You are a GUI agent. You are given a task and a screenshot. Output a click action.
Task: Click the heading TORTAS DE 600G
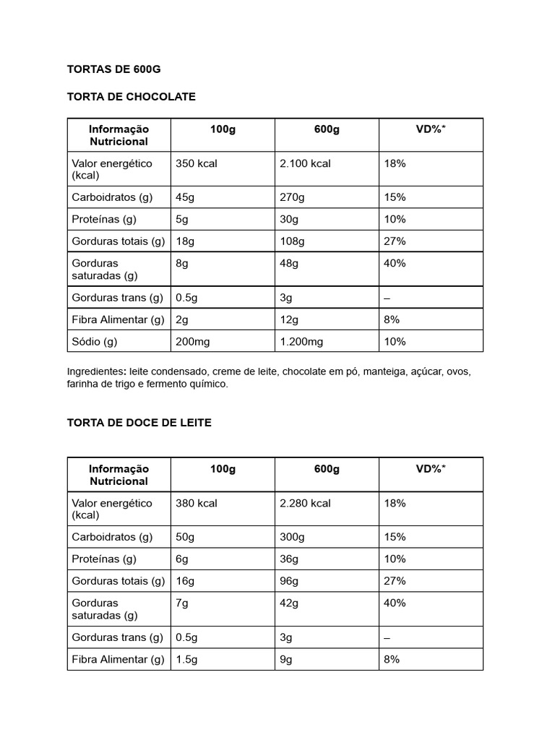point(113,69)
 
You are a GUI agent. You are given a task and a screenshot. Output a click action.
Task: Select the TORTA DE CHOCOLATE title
point(131,96)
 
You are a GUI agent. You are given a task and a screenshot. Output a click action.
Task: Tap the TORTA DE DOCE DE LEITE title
point(139,423)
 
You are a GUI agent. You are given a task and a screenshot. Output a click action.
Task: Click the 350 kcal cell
point(196,163)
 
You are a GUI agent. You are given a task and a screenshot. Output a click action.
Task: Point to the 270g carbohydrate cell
point(292,197)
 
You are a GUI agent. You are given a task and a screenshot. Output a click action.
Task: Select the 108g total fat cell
point(292,241)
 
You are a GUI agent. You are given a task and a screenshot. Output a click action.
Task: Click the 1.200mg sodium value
point(301,342)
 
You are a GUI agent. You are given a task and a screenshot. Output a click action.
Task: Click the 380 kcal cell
point(196,503)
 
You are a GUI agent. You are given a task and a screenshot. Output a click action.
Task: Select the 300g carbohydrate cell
point(292,537)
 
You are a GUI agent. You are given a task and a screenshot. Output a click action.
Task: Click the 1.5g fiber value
point(186,659)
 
